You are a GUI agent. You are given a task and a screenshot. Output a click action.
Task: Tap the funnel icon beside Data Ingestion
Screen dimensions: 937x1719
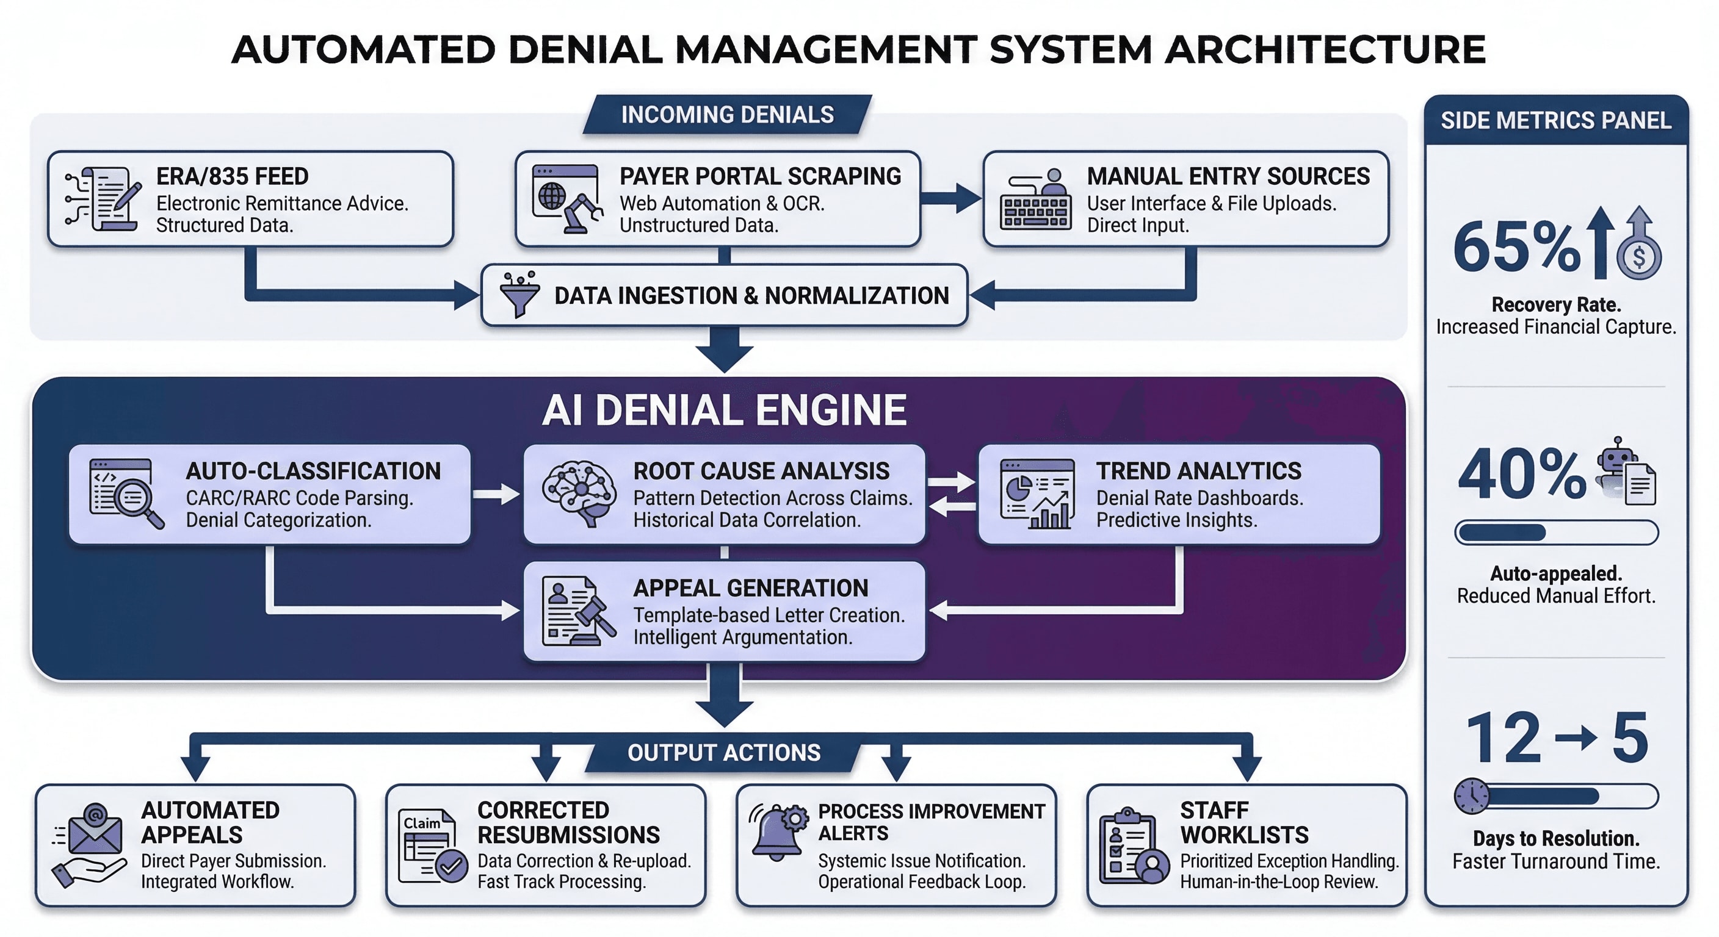[x=519, y=294]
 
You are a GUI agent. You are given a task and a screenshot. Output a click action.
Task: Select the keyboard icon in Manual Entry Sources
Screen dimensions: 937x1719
[x=1036, y=212]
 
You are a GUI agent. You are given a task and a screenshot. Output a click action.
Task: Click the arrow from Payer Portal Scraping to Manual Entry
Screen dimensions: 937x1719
[x=950, y=198]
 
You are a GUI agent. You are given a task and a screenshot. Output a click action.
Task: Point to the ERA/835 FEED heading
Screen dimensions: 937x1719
[x=232, y=176]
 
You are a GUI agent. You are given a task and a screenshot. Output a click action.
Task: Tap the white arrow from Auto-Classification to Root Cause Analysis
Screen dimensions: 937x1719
[x=496, y=494]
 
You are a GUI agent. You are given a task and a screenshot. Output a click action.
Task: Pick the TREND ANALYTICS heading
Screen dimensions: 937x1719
[x=1198, y=471]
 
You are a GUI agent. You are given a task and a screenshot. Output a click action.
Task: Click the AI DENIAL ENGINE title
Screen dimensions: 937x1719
[x=724, y=409]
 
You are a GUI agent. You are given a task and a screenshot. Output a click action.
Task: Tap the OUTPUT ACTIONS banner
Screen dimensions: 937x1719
[x=723, y=753]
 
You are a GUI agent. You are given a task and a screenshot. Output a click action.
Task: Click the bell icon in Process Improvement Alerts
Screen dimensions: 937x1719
[x=775, y=834]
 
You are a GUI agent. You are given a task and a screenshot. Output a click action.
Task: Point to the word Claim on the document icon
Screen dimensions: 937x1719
[x=422, y=823]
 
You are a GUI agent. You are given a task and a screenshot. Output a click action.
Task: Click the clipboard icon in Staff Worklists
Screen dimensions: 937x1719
[x=1126, y=849]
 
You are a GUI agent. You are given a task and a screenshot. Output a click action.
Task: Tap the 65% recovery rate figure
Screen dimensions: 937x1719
[x=1517, y=248]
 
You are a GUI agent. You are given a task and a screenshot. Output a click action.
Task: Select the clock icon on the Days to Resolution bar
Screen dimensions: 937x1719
[x=1471, y=796]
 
